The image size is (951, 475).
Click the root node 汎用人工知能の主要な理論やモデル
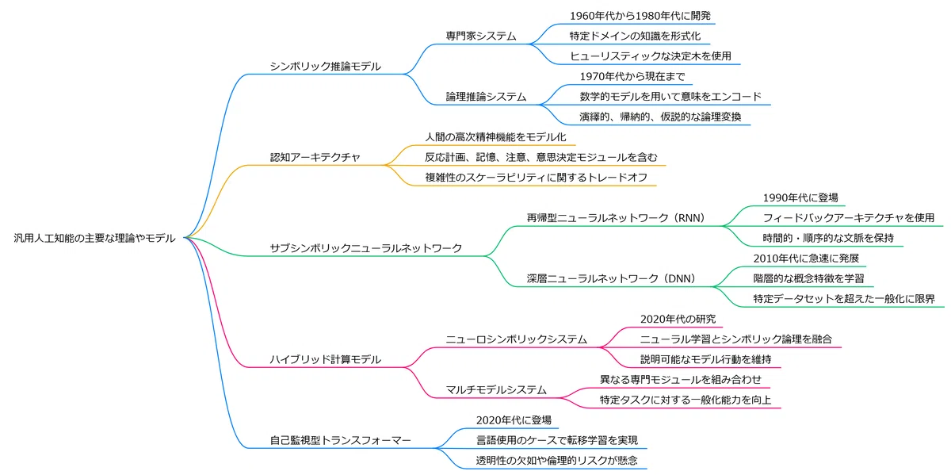click(x=94, y=238)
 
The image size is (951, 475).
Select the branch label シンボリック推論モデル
click(x=326, y=67)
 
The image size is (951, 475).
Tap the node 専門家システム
click(x=481, y=36)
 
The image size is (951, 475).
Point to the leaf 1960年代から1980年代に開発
click(x=640, y=16)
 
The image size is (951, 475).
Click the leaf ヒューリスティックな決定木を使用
click(x=651, y=56)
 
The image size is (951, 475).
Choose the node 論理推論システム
click(x=486, y=97)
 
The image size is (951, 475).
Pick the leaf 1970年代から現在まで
click(x=632, y=76)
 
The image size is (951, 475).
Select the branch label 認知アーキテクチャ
click(x=315, y=157)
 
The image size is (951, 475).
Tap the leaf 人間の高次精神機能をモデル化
click(x=496, y=137)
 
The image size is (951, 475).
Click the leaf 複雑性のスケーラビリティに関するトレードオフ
click(x=537, y=177)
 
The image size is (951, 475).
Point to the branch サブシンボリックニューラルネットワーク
click(x=366, y=248)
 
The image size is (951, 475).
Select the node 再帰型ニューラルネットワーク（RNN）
click(x=616, y=218)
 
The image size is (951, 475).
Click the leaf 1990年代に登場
click(x=800, y=197)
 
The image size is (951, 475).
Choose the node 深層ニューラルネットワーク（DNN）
click(x=611, y=278)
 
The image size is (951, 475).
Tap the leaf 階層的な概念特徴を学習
click(x=809, y=278)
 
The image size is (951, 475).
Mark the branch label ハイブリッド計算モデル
click(x=326, y=359)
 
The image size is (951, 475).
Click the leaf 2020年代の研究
click(x=678, y=319)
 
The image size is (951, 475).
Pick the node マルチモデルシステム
click(x=496, y=389)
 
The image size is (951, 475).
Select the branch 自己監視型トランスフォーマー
click(x=341, y=440)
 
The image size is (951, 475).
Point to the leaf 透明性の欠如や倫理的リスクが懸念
click(x=556, y=461)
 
